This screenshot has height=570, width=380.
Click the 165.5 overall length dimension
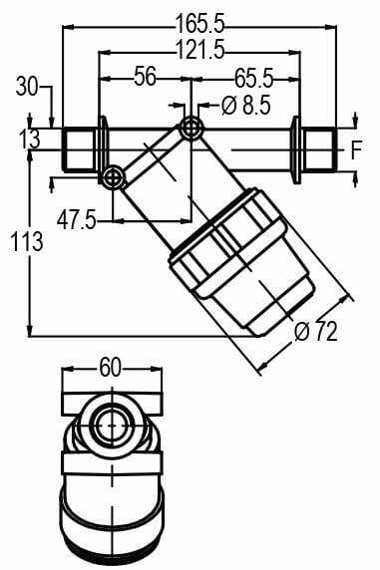point(199,24)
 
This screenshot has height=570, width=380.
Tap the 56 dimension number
point(145,76)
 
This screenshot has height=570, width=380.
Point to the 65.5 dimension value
point(253,78)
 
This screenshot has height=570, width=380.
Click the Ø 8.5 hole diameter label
point(246,106)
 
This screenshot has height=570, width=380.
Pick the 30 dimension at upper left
point(27,88)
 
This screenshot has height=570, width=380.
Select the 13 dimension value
point(29,140)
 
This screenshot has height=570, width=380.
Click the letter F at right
point(357,150)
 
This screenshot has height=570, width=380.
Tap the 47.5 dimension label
point(77,220)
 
